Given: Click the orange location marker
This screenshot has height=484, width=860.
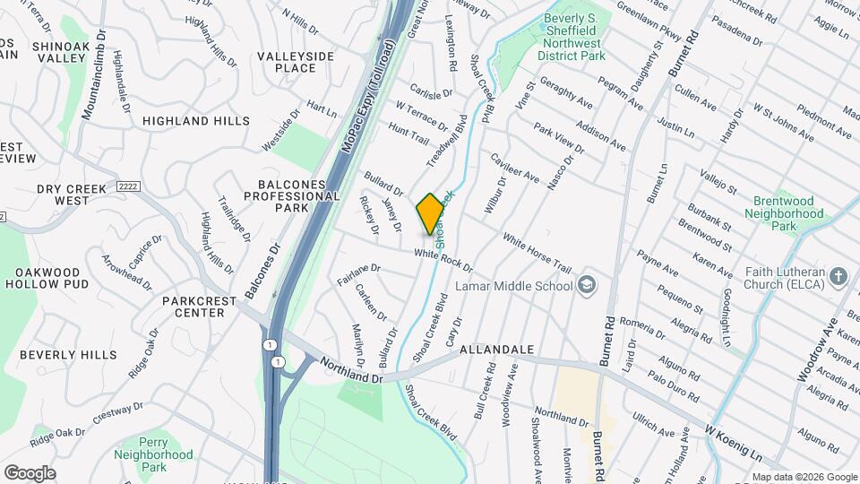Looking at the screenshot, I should click(430, 213).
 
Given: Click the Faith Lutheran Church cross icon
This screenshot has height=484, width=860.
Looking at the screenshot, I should click(838, 275).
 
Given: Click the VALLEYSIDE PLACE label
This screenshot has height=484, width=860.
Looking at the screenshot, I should click(296, 62).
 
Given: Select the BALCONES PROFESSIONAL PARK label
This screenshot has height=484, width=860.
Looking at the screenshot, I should click(295, 195).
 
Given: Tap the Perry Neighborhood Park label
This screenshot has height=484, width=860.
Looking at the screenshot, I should click(153, 454).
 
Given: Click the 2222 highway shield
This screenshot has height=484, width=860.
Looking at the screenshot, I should click(124, 186).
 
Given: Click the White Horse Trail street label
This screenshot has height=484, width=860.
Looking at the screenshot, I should click(537, 253).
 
